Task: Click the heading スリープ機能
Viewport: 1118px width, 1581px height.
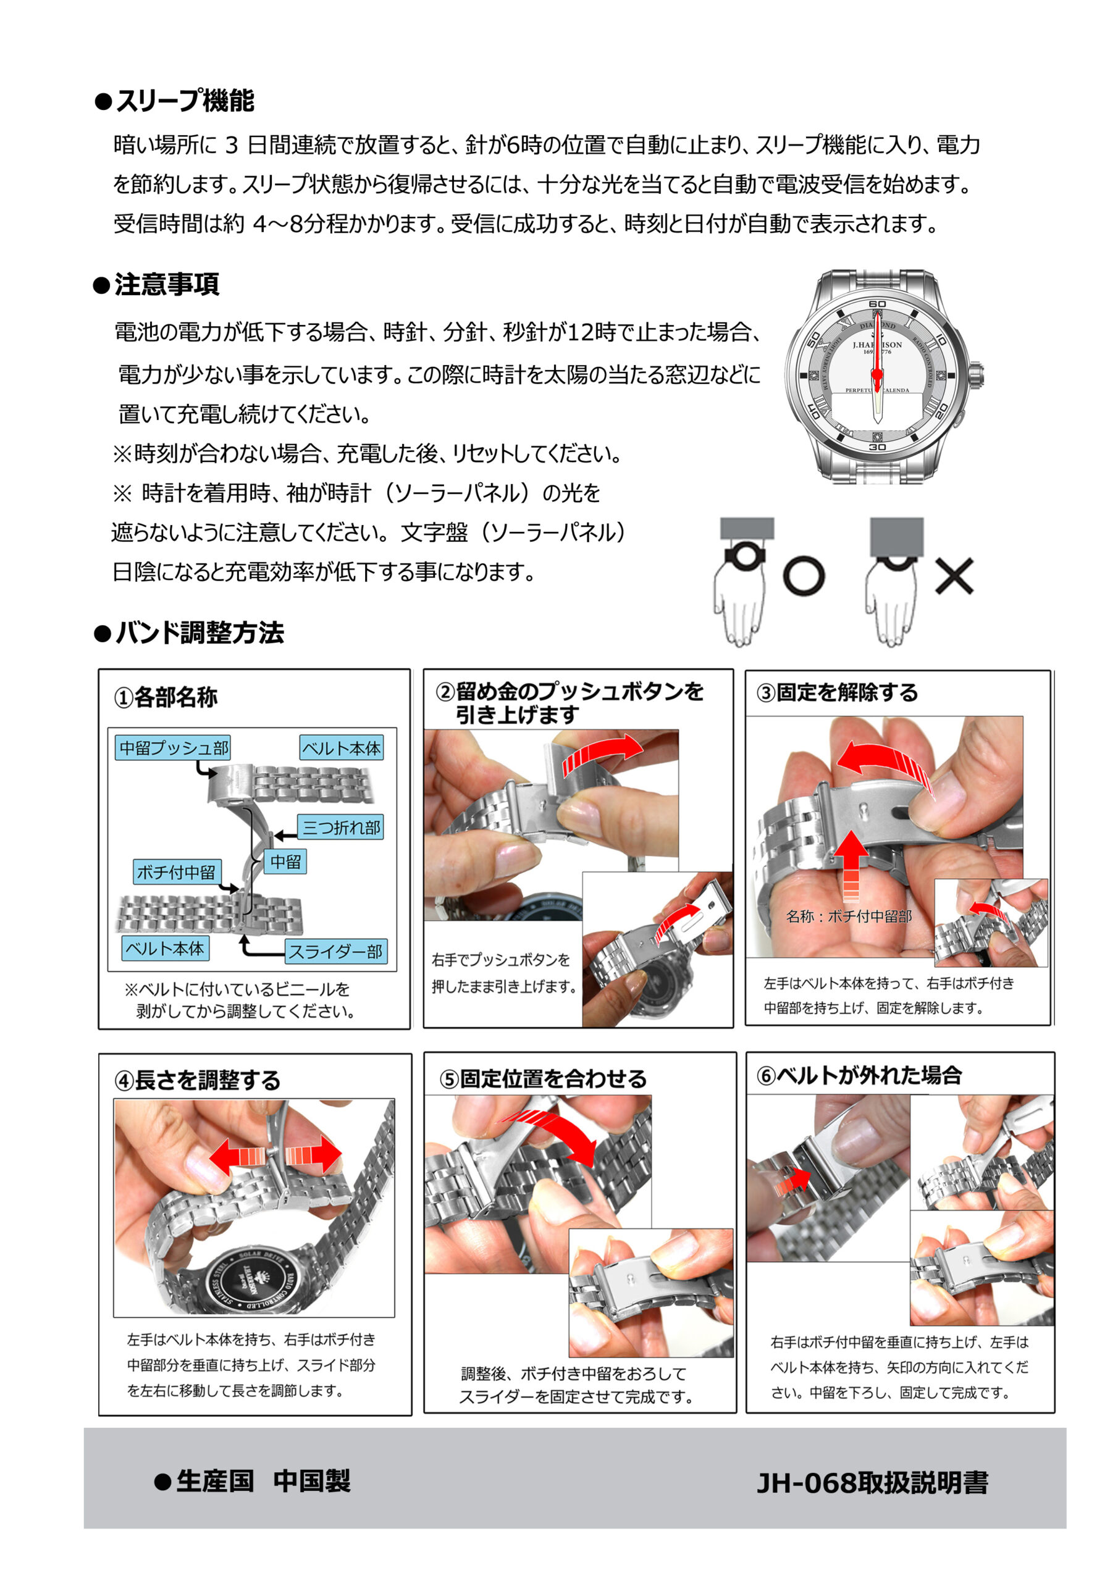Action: (x=185, y=101)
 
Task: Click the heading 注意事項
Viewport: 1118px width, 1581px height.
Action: (x=167, y=284)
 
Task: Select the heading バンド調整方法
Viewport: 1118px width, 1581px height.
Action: (x=200, y=633)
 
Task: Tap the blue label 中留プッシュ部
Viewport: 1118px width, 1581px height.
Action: (x=174, y=748)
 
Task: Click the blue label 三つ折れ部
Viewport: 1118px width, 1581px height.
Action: (x=341, y=827)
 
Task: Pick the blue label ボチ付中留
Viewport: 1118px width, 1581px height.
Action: (x=176, y=872)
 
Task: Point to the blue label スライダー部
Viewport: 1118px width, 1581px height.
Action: (x=336, y=952)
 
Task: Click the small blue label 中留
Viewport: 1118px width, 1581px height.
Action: (x=285, y=862)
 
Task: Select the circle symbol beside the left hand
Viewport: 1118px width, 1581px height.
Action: (x=804, y=576)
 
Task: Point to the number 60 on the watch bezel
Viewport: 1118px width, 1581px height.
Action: (x=877, y=304)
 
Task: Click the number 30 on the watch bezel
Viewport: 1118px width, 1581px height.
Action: (x=877, y=447)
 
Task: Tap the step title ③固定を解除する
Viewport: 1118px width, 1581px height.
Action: (x=838, y=692)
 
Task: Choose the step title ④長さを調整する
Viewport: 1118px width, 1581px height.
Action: (x=198, y=1080)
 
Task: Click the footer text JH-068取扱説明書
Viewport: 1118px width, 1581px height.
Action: (x=872, y=1483)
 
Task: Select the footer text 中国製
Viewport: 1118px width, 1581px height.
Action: (x=311, y=1481)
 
